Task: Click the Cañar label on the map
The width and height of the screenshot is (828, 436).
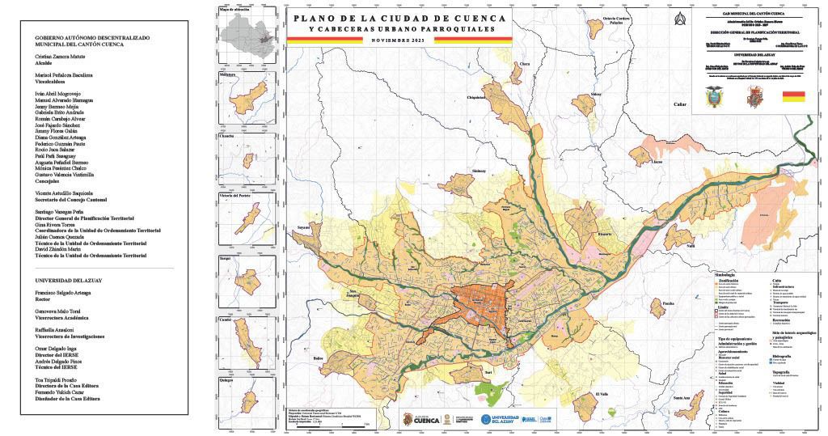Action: click(x=679, y=104)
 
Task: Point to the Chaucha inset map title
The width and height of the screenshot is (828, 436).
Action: click(x=227, y=135)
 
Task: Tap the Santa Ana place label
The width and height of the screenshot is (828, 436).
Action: click(x=681, y=398)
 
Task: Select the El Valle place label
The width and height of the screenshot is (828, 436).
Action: click(x=601, y=394)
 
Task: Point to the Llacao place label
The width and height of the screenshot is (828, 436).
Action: click(x=657, y=162)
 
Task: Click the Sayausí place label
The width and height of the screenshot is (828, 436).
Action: click(x=304, y=229)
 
